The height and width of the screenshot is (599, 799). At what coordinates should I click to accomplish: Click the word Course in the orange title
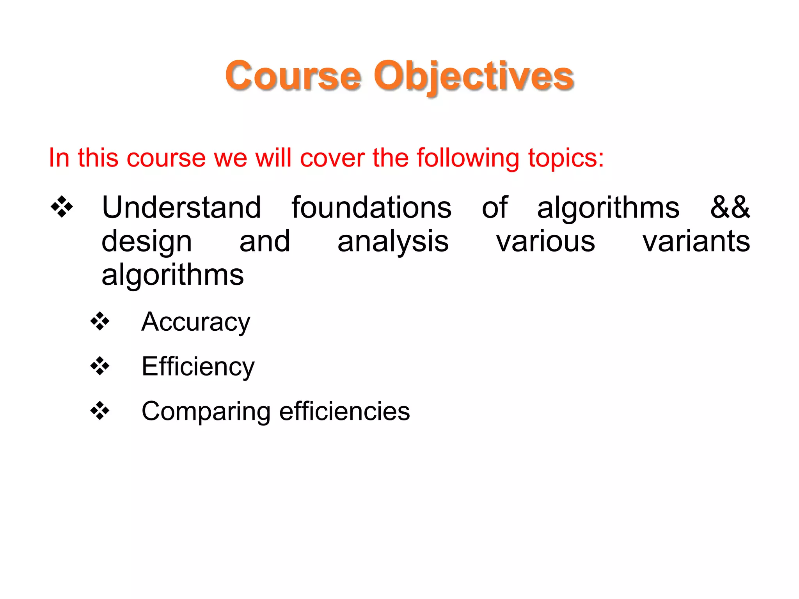click(293, 76)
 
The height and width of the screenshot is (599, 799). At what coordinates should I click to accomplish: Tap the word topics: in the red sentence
click(566, 158)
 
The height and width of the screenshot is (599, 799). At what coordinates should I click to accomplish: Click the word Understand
click(181, 207)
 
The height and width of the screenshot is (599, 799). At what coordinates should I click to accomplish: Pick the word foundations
click(371, 207)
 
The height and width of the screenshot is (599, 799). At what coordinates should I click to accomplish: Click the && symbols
click(730, 207)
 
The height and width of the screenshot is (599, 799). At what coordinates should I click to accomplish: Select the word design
click(147, 242)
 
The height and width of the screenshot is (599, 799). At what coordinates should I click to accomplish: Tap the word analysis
click(393, 242)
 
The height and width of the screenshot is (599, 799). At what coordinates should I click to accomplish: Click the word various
click(545, 241)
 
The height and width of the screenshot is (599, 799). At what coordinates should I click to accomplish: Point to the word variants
click(696, 241)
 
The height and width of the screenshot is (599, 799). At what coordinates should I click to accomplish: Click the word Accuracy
click(195, 322)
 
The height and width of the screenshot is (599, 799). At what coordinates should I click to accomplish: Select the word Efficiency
click(198, 367)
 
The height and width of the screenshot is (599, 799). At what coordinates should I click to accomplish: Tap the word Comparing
click(206, 412)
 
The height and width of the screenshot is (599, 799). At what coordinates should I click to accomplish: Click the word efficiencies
click(344, 411)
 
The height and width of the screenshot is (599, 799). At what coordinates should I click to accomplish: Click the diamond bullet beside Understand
click(62, 206)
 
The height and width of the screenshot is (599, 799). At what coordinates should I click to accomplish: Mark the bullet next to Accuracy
click(100, 321)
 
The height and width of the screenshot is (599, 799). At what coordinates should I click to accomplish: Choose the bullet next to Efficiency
click(100, 366)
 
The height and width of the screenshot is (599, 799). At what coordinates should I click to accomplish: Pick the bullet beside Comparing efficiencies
click(100, 411)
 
